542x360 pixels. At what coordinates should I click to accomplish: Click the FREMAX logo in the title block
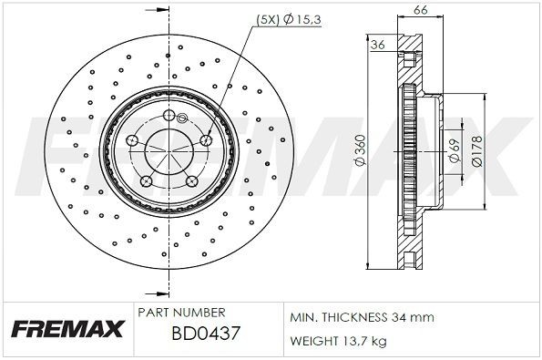[67, 329]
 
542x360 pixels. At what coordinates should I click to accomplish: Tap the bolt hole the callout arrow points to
[205, 139]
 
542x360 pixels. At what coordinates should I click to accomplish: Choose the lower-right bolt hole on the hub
[191, 180]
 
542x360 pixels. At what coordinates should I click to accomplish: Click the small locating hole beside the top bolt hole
[185, 118]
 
